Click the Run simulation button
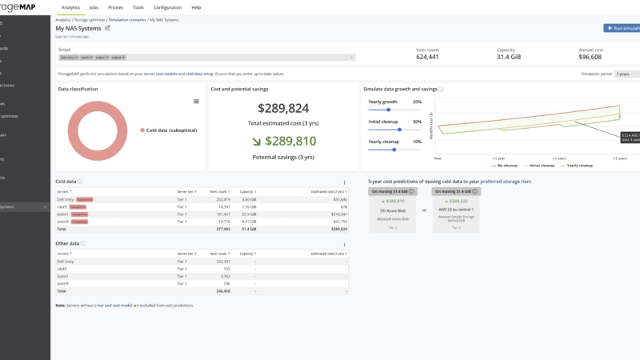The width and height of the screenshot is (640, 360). click(622, 28)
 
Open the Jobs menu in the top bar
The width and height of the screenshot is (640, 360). click(94, 7)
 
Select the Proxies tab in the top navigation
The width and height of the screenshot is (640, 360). click(116, 7)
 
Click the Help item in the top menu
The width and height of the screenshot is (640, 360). click(196, 7)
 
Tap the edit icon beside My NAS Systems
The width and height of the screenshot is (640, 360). click(108, 28)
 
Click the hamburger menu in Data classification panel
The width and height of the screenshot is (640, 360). click(196, 102)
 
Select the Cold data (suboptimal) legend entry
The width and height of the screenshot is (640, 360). click(170, 130)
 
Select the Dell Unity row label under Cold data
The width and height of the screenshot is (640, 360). click(66, 199)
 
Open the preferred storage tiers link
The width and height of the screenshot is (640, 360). click(505, 182)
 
